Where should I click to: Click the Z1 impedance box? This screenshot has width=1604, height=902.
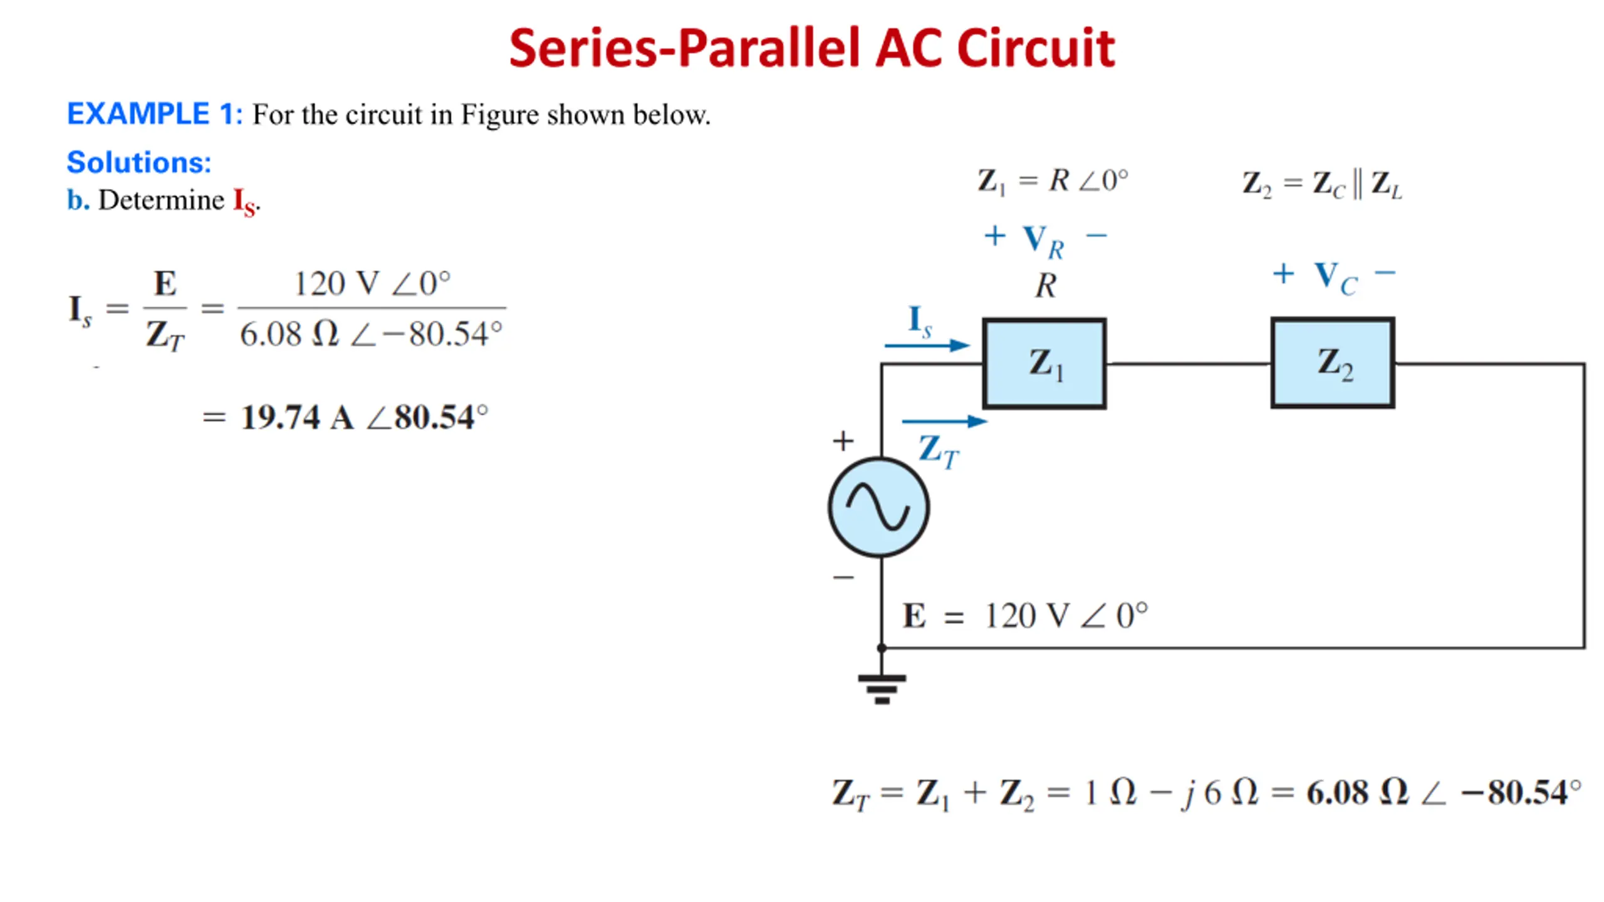point(1044,363)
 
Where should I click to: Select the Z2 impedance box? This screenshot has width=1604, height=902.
point(1333,363)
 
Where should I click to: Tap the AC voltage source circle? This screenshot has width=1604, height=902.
point(878,507)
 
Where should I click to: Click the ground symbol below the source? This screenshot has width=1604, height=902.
point(882,688)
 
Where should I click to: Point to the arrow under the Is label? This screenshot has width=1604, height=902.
point(927,345)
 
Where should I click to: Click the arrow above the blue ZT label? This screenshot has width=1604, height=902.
point(944,422)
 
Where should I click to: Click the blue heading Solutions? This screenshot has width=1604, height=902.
point(139,162)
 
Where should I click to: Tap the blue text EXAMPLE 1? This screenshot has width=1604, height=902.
point(154,114)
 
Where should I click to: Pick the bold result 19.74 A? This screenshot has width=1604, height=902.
point(298,418)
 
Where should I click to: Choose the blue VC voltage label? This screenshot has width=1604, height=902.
point(1335,277)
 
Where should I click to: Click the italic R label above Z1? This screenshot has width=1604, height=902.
point(1045,286)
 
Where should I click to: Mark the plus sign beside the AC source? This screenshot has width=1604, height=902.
point(843,441)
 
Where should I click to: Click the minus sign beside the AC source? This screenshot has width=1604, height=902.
point(843,577)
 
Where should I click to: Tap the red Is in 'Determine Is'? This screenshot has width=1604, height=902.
point(244,202)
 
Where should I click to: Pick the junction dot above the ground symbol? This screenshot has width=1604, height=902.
point(882,648)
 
